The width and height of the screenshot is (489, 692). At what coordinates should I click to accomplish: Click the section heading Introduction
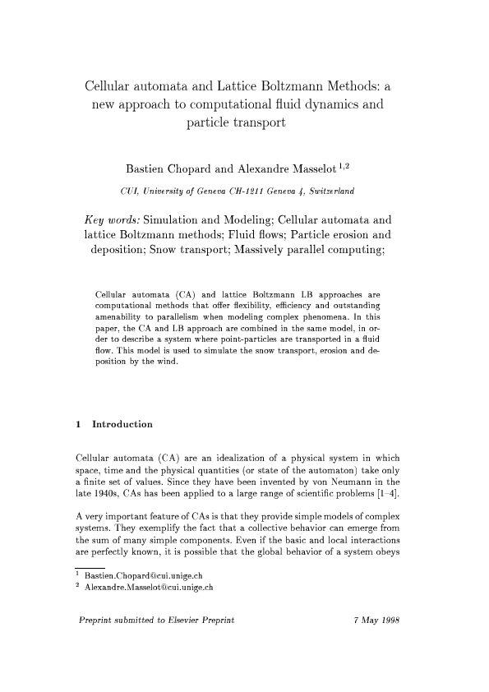pyautogui.click(x=122, y=425)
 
